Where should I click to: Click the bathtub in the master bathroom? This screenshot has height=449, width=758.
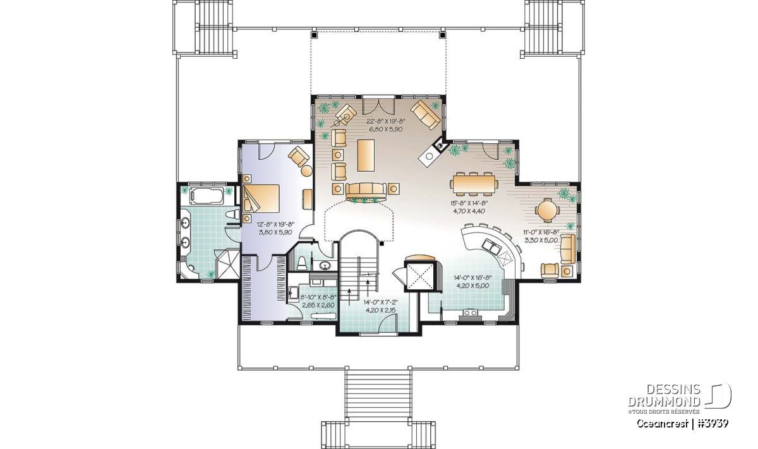tap(207, 196)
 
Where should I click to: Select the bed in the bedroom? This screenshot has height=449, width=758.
tap(261, 199)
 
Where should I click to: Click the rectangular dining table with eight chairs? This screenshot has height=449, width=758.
tap(474, 184)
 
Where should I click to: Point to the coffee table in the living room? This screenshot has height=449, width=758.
tap(366, 156)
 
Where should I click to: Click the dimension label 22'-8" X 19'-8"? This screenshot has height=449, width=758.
tap(385, 121)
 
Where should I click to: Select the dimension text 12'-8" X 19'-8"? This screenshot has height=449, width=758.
tap(276, 224)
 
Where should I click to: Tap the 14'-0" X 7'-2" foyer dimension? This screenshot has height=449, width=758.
tap(381, 302)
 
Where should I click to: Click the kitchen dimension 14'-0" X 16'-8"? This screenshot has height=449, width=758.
tap(472, 278)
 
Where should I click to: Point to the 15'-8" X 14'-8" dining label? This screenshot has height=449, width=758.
tap(469, 203)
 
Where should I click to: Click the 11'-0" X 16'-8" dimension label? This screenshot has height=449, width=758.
tap(541, 232)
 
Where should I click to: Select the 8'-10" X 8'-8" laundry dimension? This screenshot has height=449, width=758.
tap(318, 297)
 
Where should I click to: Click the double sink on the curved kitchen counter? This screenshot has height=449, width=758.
tap(491, 246)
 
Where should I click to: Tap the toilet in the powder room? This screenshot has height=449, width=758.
tap(302, 263)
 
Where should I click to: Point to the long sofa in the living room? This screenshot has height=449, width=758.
tap(366, 191)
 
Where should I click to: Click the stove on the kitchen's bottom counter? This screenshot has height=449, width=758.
tap(469, 314)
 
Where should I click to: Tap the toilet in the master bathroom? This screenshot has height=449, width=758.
tap(233, 214)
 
